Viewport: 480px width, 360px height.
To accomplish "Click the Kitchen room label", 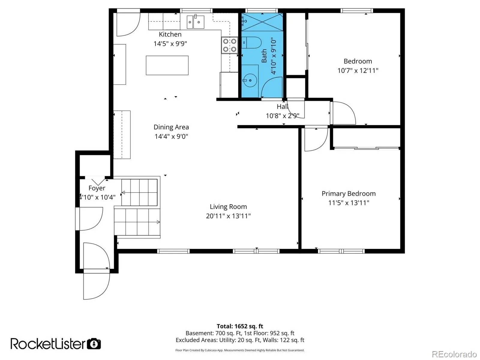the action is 170,34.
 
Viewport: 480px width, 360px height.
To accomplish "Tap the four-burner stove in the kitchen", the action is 229,45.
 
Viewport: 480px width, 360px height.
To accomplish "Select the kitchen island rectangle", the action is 167,65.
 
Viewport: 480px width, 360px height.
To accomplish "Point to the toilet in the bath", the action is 251,43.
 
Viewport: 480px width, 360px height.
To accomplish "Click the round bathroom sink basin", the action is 250,80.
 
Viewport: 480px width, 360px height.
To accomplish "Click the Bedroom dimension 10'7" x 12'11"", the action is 358,71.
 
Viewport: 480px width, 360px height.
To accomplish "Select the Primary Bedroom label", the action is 349,193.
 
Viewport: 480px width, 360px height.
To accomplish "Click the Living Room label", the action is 228,207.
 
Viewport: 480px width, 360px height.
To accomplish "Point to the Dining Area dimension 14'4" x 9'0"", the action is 171,136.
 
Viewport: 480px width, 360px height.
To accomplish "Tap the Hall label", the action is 282,107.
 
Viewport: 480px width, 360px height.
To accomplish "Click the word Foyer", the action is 97,188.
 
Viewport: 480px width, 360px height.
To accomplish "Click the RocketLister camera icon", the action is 94,344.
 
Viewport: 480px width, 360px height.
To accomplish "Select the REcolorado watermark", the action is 454,354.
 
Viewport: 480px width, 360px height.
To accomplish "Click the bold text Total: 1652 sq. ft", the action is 240,326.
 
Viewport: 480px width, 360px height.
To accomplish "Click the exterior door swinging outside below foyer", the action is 96,286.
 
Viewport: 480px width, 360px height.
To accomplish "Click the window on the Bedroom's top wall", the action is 357,11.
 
